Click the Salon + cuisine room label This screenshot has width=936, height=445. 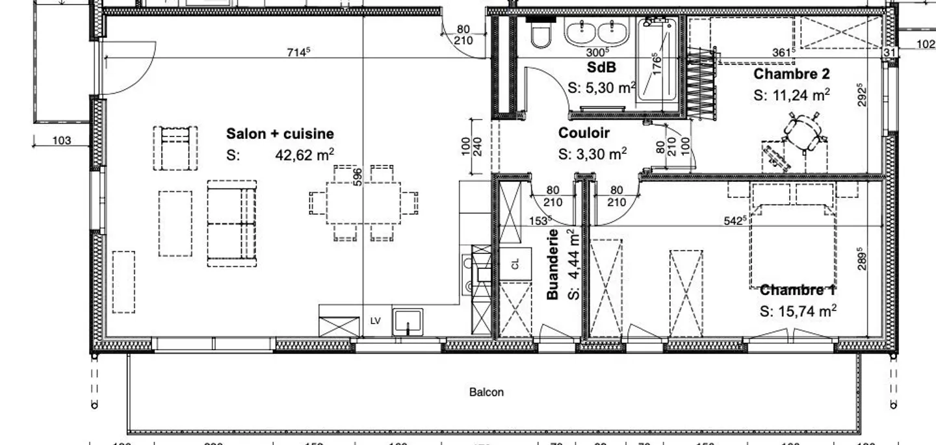coord(279,134)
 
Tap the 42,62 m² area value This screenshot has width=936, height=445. coord(304,155)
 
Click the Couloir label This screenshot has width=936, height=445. coord(584,133)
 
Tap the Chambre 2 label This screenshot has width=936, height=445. coord(791,74)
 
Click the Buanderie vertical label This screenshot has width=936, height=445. coord(553,264)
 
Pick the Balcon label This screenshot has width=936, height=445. coord(486,392)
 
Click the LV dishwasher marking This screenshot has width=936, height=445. coord(376,322)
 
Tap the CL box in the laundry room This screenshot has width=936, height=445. coord(515,264)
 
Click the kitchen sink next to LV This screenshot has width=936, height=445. coord(408,322)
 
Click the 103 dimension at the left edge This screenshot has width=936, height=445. coord(61,140)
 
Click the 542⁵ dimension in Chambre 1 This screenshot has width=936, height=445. coord(734,221)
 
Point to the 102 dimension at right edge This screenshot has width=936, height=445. coord(926,44)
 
